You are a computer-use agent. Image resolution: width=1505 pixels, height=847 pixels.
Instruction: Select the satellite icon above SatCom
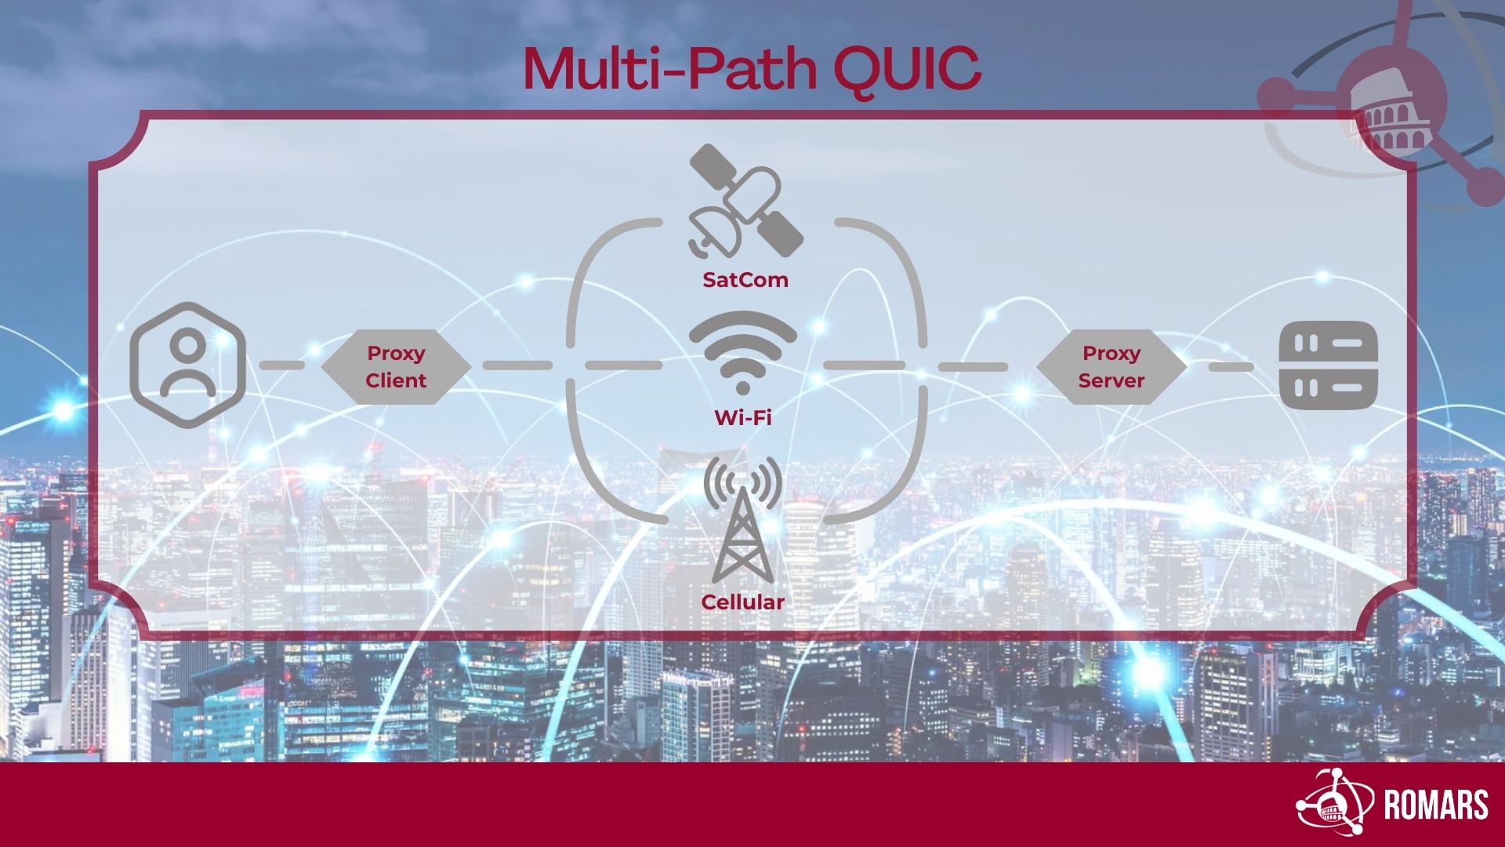(745, 201)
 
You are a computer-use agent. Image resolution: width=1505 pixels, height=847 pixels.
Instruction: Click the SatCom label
(745, 280)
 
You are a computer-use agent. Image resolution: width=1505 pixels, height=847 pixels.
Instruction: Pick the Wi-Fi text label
(742, 417)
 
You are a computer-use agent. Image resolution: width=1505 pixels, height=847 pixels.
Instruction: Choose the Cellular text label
(742, 602)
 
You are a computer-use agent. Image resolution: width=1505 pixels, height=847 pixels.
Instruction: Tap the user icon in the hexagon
(187, 365)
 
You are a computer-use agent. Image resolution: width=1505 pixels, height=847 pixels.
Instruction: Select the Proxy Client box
(396, 367)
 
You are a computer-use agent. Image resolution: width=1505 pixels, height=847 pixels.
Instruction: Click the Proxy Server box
(1112, 367)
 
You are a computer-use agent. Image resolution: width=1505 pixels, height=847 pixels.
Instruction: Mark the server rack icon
(1328, 366)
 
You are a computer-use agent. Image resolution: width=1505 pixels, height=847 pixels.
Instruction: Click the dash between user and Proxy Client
(282, 365)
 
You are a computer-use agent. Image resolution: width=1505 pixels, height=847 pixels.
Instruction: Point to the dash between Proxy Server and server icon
(1231, 367)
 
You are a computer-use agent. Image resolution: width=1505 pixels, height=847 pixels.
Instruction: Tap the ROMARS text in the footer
(1436, 805)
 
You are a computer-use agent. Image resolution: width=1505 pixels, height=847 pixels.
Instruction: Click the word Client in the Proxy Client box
(396, 380)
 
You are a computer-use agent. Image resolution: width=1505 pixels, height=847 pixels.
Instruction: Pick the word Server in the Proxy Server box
(1112, 380)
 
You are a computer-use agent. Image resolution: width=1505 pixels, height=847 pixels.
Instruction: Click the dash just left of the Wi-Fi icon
(623, 365)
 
